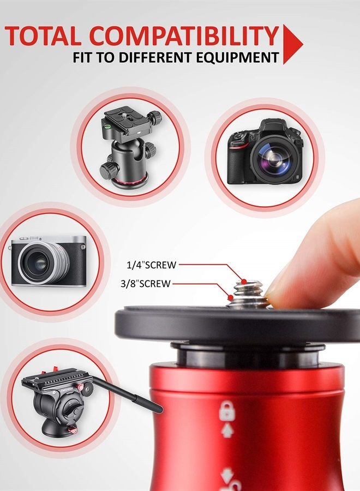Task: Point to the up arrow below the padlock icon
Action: point(227,430)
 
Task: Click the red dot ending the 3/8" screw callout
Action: point(231,297)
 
